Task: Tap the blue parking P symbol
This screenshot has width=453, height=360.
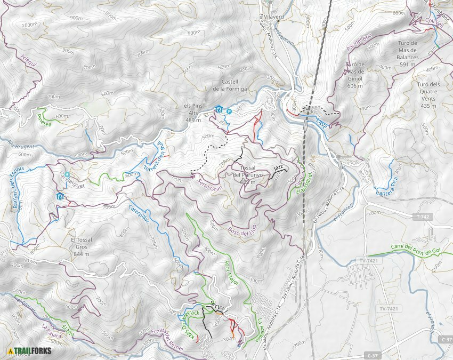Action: pos(229,111)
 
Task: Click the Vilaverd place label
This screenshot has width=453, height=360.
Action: pos(273,17)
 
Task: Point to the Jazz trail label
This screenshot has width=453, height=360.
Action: pos(278,169)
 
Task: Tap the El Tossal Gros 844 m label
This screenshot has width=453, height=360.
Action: pos(82,244)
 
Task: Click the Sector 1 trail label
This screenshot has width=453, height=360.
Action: pos(219,306)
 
